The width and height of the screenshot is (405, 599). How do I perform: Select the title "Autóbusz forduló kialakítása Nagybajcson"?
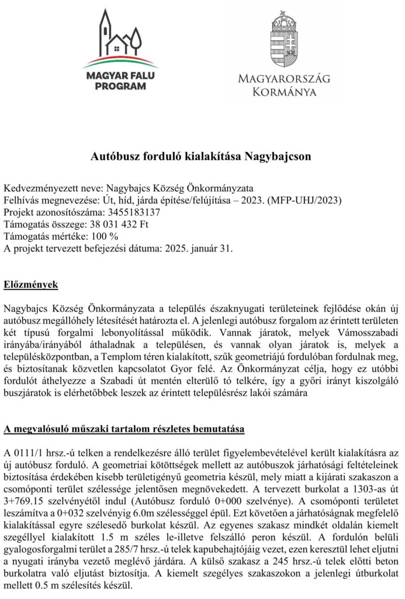coord(202,156)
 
